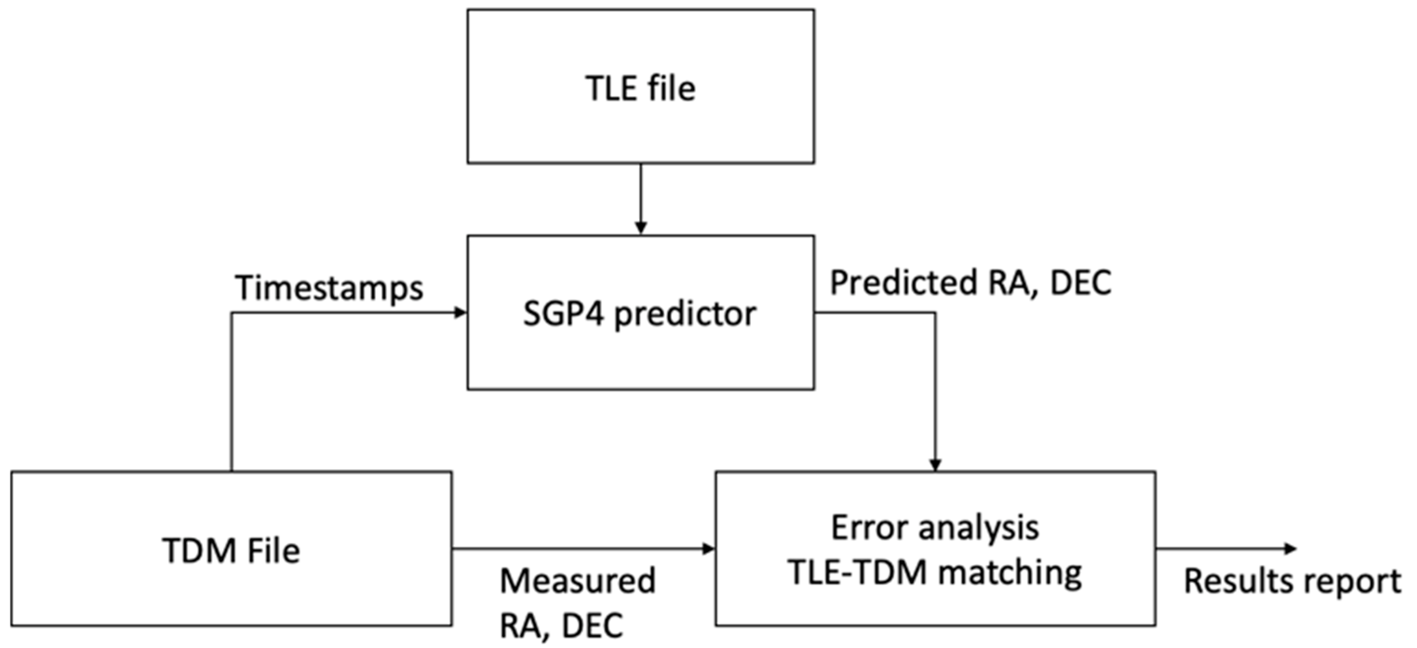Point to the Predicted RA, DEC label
pyautogui.click(x=970, y=283)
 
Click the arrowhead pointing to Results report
pyautogui.click(x=1290, y=548)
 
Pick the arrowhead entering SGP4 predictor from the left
pyautogui.click(x=460, y=313)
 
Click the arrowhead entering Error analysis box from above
pyautogui.click(x=935, y=464)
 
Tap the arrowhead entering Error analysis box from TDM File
pyautogui.click(x=708, y=548)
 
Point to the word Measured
pyautogui.click(x=578, y=581)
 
